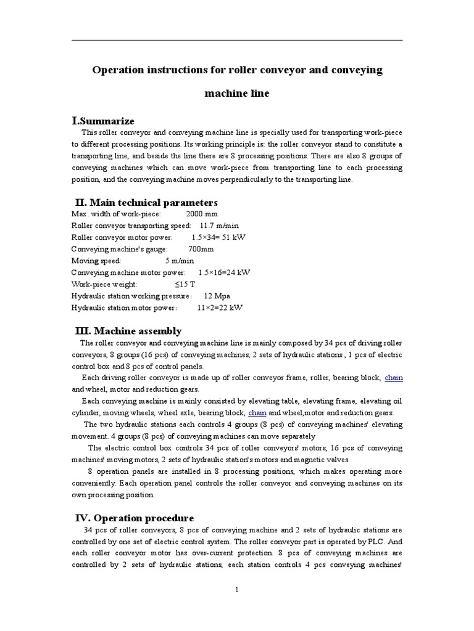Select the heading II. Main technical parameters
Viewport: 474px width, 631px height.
pos(146,202)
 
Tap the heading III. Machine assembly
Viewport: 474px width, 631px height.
pos(128,331)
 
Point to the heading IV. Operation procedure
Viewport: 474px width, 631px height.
pos(135,518)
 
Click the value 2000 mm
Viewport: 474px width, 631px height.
pos(198,214)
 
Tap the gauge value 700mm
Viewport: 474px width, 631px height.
pos(201,249)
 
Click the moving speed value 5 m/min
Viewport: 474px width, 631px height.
pos(180,261)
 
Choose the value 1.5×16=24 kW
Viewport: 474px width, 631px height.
pos(224,272)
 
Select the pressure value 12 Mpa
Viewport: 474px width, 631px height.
pos(208,296)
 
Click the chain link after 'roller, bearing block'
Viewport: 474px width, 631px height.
pos(394,377)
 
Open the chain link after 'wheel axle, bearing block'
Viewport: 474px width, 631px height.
pos(257,412)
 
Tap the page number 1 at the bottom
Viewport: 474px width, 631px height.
pos(236,589)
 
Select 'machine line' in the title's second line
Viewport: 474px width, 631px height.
pos(237,94)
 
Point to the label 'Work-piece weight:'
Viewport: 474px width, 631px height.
pos(109,284)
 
